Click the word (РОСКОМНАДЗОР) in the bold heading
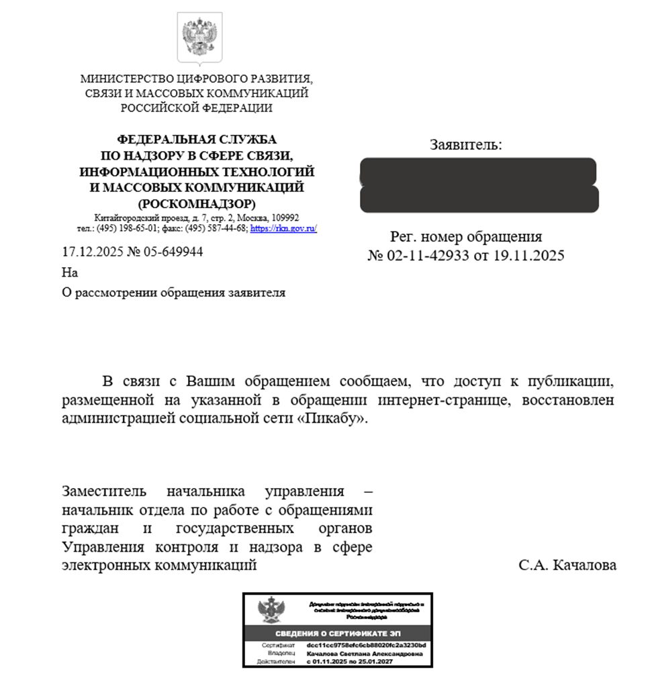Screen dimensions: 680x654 [197, 203]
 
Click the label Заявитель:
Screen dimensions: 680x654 [465, 144]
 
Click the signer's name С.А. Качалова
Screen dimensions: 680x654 [567, 565]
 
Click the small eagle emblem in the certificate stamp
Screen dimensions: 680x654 [271, 611]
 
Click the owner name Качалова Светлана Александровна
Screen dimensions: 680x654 [364, 653]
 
